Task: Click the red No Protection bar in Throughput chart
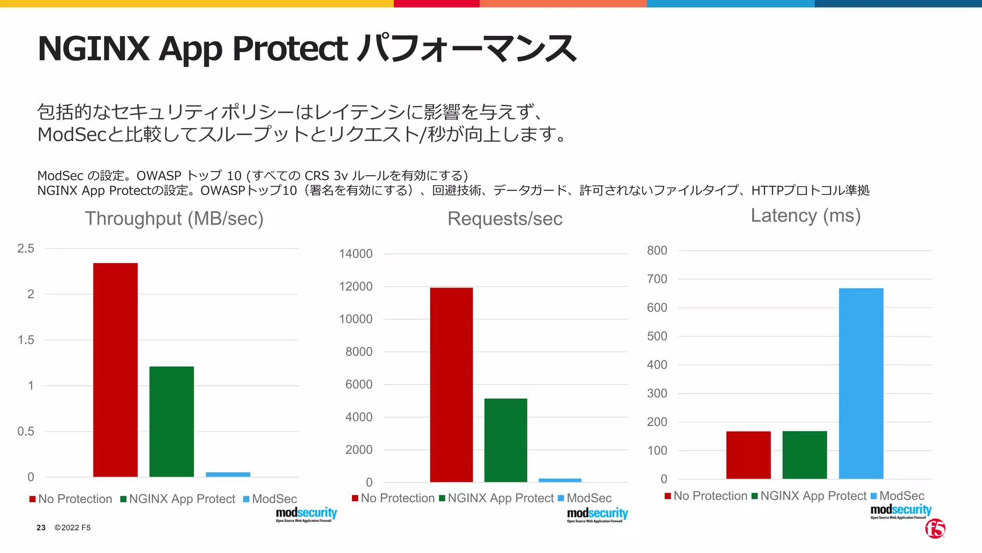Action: [115, 370]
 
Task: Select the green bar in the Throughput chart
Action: [172, 421]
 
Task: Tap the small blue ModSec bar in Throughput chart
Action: [228, 474]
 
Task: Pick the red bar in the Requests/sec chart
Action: [451, 385]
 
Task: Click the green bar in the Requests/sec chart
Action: [505, 440]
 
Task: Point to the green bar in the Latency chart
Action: [805, 455]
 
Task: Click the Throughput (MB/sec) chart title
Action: [174, 219]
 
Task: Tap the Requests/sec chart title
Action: [505, 219]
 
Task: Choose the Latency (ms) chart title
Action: [806, 216]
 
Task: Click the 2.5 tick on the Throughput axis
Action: [26, 249]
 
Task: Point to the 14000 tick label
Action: [355, 254]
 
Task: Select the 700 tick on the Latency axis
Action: [657, 279]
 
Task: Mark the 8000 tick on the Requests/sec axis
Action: [359, 352]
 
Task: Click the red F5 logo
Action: [935, 529]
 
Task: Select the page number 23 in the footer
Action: [41, 528]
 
